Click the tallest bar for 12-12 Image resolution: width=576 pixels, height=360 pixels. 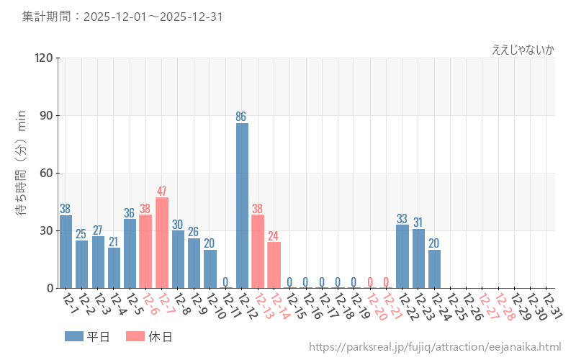coord(242,205)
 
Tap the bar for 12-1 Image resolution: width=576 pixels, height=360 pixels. coord(66,251)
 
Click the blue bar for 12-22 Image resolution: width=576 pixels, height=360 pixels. coord(402,256)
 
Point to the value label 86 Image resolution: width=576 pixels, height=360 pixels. coord(242,117)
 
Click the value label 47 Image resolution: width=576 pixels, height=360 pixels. coord(162,192)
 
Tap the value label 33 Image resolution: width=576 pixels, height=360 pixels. coord(402,219)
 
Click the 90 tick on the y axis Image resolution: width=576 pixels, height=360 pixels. coord(45,116)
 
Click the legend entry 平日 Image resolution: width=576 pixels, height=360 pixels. coord(87,336)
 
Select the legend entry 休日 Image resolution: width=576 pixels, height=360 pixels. coord(149,336)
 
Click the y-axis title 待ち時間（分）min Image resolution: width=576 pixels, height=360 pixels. coord(22,173)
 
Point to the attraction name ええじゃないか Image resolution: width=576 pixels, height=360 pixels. coord(523,50)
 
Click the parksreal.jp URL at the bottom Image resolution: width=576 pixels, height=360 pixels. coord(435,347)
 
